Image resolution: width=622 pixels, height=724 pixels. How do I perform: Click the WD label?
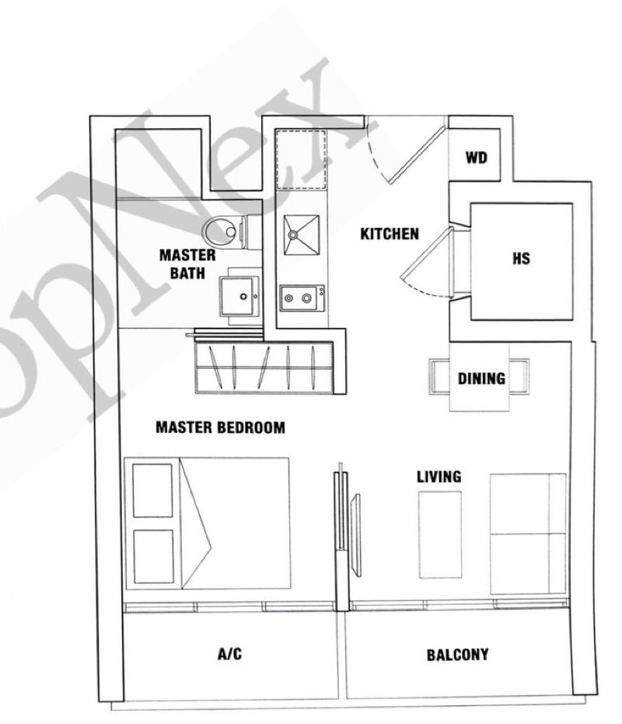coord(476,158)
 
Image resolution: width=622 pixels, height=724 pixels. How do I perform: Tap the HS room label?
coord(521,259)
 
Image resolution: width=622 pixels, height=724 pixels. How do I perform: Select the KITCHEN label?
coord(390,233)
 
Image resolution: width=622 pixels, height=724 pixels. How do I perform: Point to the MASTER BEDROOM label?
coord(220,427)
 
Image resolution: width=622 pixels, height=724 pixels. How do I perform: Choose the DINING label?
coord(480,379)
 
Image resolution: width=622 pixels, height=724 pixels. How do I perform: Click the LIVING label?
coord(439,477)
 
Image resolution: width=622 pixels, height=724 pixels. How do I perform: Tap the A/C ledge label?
coord(229,654)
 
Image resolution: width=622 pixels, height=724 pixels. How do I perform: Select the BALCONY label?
coord(458,655)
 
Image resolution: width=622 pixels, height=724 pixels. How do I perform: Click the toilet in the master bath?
coord(224,230)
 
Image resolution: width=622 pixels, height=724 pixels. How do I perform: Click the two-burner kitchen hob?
coord(300,298)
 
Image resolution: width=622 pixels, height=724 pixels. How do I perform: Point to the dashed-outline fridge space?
coord(301,159)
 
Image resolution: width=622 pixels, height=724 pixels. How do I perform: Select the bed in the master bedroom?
coord(208,522)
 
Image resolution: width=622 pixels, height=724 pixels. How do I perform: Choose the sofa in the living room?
coord(528,533)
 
